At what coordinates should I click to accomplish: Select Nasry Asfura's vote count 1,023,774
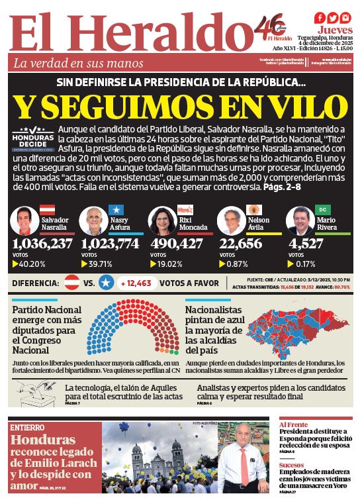111,244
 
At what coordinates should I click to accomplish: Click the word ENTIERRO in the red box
28,428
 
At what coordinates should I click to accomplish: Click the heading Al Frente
293,425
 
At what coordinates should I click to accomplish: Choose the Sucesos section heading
291,465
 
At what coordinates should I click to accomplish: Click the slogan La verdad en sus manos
79,64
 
